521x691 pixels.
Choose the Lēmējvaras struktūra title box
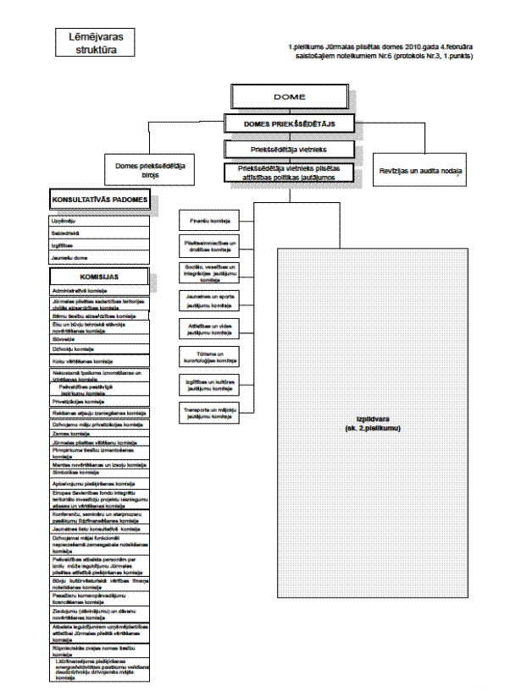(x=94, y=43)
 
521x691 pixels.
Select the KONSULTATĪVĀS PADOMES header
(x=100, y=200)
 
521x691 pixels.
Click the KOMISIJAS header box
(x=100, y=276)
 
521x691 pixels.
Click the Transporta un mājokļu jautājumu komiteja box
(x=209, y=414)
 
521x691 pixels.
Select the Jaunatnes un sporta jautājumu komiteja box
(x=209, y=299)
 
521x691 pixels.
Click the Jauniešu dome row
(x=100, y=256)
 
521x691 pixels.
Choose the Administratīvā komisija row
(x=100, y=291)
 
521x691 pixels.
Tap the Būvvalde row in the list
(x=100, y=338)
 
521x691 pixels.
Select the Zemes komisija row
(x=100, y=431)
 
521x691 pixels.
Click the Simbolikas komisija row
(x=100, y=472)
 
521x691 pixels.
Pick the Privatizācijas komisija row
(x=100, y=402)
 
